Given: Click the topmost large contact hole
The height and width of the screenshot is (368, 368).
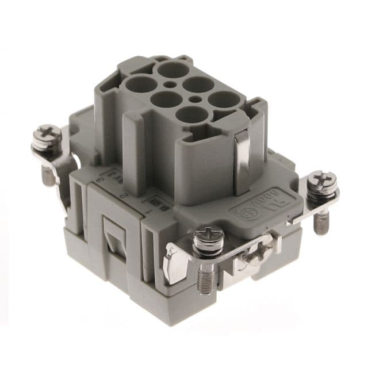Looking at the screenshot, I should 172,71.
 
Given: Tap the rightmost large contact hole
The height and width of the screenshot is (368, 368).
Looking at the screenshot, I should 223,99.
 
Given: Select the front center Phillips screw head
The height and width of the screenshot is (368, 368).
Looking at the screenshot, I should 208,236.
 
